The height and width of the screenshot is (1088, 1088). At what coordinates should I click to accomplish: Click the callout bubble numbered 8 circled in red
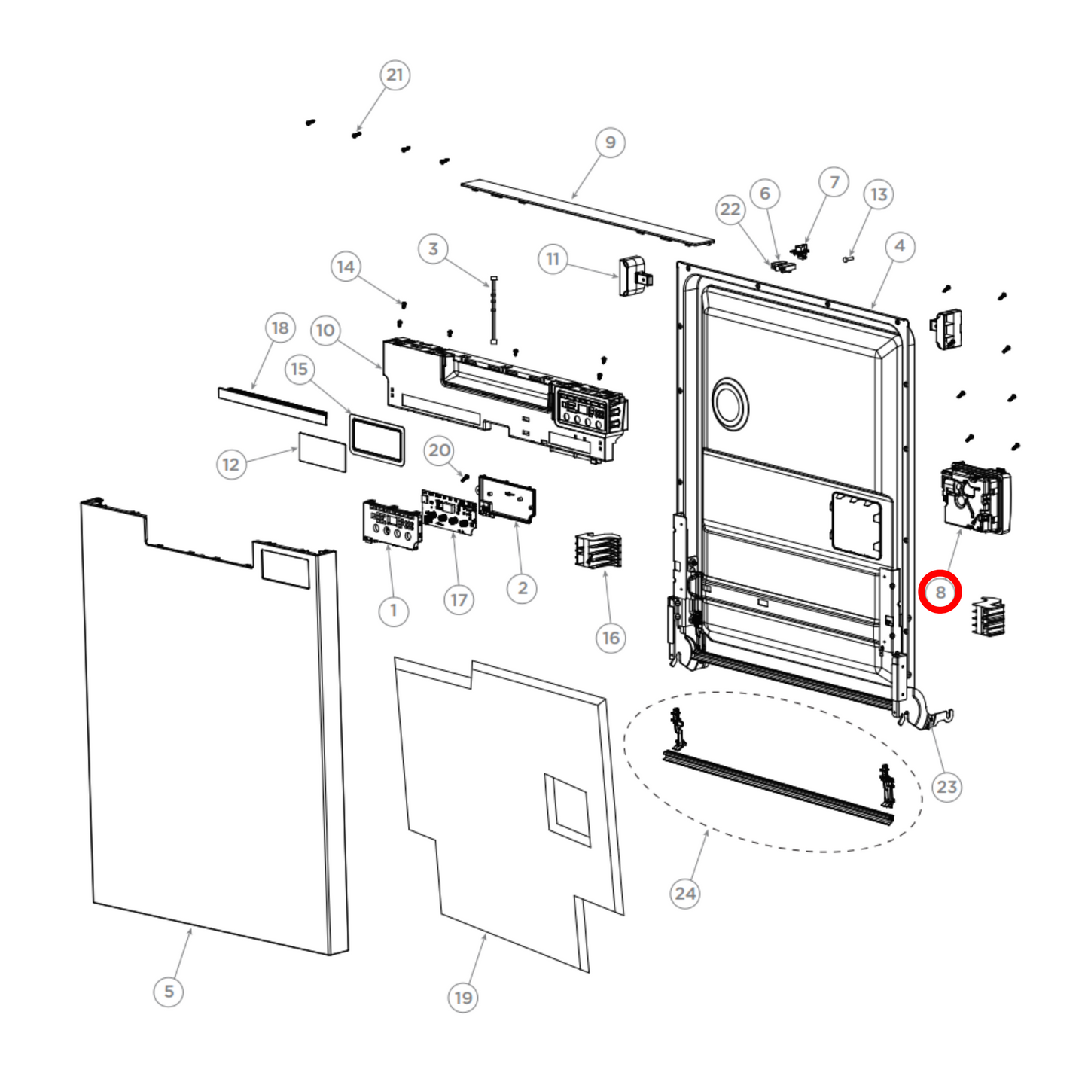point(940,592)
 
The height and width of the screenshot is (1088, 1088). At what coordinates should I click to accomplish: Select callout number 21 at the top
point(395,75)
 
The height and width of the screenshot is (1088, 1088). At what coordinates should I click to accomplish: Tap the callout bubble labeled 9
point(610,142)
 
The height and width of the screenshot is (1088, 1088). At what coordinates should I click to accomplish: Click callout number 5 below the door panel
point(169,991)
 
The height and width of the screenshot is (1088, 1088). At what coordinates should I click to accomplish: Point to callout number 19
point(463,998)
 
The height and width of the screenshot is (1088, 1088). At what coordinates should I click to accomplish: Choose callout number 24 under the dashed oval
point(684,893)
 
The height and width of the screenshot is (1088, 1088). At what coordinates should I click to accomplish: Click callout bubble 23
point(946,787)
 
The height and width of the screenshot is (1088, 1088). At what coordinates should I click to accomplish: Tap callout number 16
point(611,638)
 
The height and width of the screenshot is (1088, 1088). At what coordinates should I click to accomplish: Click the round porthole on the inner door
point(730,404)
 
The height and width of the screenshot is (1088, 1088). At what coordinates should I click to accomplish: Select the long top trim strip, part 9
point(587,211)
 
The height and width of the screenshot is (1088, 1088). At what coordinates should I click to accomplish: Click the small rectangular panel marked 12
point(322,452)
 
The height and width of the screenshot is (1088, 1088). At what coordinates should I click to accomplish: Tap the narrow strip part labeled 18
point(273,406)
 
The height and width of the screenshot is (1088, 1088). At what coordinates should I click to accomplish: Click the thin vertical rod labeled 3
point(494,310)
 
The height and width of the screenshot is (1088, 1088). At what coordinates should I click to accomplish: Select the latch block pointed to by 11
point(632,276)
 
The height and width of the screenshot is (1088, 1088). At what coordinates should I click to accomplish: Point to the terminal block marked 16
point(599,550)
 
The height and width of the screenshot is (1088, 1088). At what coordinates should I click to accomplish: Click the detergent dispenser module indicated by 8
point(975,499)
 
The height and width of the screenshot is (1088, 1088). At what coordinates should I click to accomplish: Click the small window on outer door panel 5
point(285,568)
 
